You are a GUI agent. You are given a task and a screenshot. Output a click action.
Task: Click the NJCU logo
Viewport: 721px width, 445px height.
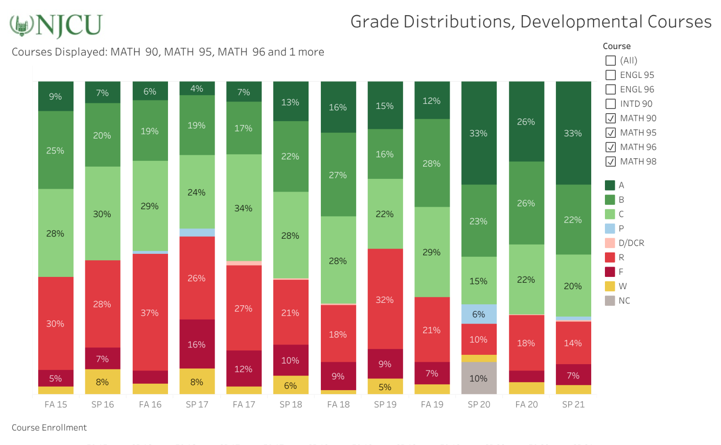pyautogui.click(x=56, y=25)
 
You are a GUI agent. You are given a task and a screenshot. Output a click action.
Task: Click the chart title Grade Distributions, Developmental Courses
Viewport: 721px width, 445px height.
pyautogui.click(x=530, y=22)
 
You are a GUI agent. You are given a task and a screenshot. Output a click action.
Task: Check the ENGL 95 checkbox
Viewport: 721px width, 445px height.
pyautogui.click(x=610, y=75)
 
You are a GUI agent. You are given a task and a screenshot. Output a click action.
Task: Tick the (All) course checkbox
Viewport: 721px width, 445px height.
pyautogui.click(x=610, y=60)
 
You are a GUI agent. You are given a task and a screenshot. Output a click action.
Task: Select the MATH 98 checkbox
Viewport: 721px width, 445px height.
pyautogui.click(x=610, y=161)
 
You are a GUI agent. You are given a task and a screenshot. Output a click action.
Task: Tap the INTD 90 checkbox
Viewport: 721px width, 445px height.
pyautogui.click(x=610, y=104)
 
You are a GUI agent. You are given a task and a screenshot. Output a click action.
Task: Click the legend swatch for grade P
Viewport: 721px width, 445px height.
pyautogui.click(x=610, y=228)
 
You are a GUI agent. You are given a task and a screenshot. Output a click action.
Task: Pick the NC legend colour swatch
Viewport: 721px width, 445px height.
pyautogui.click(x=610, y=300)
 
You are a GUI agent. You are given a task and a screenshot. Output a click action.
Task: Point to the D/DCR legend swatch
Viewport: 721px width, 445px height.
pyautogui.click(x=610, y=243)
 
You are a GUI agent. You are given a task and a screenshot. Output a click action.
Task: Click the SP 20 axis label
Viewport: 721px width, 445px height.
pyautogui.click(x=479, y=404)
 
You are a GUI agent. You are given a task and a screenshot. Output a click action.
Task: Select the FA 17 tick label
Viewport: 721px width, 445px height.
pyautogui.click(x=244, y=404)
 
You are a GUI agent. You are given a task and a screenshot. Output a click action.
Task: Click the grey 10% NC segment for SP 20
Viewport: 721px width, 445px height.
pyautogui.click(x=479, y=378)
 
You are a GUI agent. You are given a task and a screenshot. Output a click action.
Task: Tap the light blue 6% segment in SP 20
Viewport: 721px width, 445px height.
pyautogui.click(x=479, y=314)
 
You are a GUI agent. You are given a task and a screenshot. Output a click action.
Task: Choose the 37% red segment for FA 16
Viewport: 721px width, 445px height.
pyautogui.click(x=150, y=312)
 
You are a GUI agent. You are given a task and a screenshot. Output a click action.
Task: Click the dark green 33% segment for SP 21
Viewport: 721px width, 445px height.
pyautogui.click(x=573, y=133)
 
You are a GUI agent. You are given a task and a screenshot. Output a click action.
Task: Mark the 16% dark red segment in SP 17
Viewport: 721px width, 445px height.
pyautogui.click(x=197, y=344)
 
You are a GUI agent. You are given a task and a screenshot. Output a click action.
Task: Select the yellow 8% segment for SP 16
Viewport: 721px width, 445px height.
pyautogui.click(x=102, y=382)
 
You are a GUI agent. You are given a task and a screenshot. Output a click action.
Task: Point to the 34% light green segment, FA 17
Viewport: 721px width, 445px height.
pyautogui.click(x=243, y=208)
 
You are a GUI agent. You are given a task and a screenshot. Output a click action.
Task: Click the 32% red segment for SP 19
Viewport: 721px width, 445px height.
pyautogui.click(x=385, y=299)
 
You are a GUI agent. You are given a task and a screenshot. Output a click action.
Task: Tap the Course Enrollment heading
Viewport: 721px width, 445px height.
pyautogui.click(x=49, y=427)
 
